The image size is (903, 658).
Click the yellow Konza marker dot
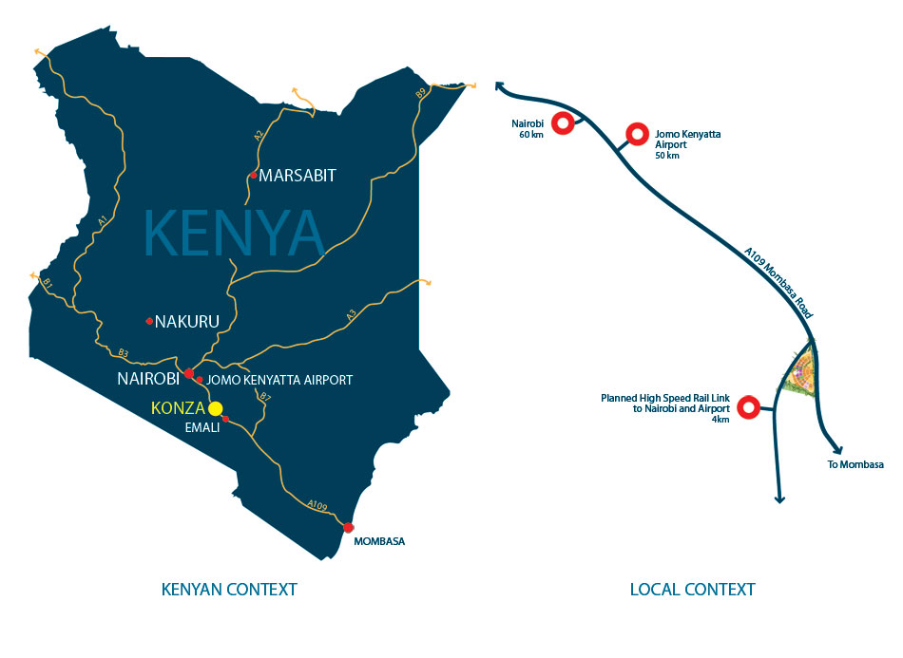pyautogui.click(x=216, y=408)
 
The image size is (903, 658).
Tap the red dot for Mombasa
pyautogui.click(x=349, y=528)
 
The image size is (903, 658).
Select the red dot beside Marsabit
pyautogui.click(x=252, y=176)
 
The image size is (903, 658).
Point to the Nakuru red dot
pyautogui.click(x=149, y=321)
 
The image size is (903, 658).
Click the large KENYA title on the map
pyautogui.click(x=234, y=231)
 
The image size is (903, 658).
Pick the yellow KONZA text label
pyautogui.click(x=179, y=409)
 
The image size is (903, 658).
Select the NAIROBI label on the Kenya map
pyautogui.click(x=149, y=379)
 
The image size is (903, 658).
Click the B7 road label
pyautogui.click(x=265, y=399)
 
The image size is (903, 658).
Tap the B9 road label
pyautogui.click(x=420, y=93)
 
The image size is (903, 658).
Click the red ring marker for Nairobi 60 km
pyautogui.click(x=563, y=122)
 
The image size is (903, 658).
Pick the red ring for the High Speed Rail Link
pyautogui.click(x=749, y=408)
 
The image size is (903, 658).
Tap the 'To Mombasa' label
pyautogui.click(x=855, y=464)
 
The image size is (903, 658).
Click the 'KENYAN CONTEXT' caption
pyautogui.click(x=228, y=590)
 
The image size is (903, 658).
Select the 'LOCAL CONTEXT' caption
pyautogui.click(x=692, y=590)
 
